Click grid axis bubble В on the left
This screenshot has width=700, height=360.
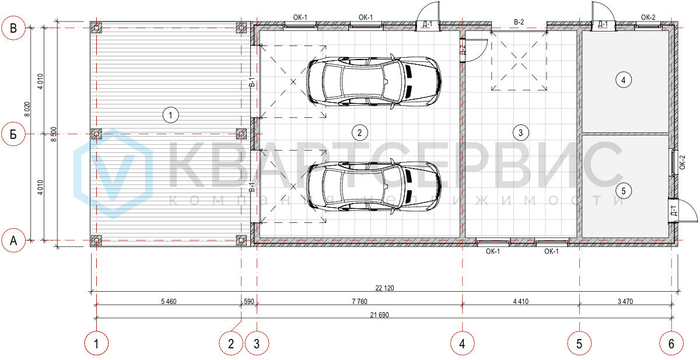(x=13, y=28)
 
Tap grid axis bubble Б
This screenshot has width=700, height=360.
(x=13, y=134)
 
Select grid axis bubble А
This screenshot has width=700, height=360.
(x=13, y=240)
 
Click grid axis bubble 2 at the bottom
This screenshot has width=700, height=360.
(x=231, y=344)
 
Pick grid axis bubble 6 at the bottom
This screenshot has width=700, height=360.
(x=671, y=344)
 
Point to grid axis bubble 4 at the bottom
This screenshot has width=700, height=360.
(x=462, y=344)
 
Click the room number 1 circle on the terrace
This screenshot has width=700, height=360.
(x=170, y=115)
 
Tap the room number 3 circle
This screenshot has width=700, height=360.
(x=520, y=133)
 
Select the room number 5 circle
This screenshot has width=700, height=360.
(x=624, y=191)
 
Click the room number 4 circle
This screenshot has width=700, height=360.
(x=624, y=80)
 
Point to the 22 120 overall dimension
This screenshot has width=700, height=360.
(x=384, y=288)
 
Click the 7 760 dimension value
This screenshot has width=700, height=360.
(x=360, y=302)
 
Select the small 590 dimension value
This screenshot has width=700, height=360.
(x=249, y=302)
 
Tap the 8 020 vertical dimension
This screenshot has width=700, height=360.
(x=27, y=109)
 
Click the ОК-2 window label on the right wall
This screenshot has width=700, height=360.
(x=682, y=163)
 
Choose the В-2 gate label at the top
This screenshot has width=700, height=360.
(x=519, y=22)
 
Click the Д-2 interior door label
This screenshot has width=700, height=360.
(x=463, y=50)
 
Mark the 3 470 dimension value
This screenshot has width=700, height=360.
(x=625, y=302)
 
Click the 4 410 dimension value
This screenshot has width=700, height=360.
(x=521, y=302)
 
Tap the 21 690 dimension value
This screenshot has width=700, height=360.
(x=380, y=315)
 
